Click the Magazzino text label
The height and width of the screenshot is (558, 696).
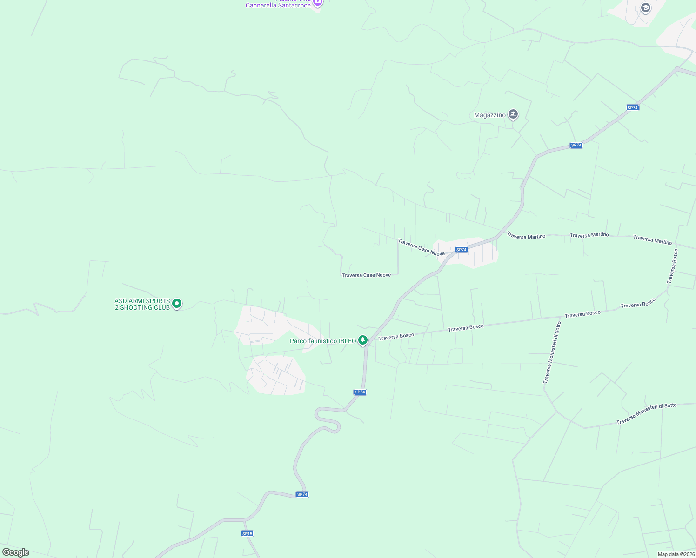click(x=489, y=115)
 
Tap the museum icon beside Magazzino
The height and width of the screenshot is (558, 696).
click(x=513, y=114)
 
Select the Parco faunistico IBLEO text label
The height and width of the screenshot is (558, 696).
click(x=322, y=341)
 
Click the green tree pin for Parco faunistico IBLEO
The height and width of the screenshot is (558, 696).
click(x=363, y=340)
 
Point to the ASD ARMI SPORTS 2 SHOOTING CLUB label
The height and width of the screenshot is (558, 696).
click(x=142, y=304)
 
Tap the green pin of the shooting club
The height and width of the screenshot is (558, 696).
click(x=177, y=304)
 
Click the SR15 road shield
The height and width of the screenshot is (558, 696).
click(x=247, y=533)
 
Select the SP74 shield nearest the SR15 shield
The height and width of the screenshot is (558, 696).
click(x=302, y=494)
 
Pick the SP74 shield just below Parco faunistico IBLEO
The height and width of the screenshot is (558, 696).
click(x=360, y=392)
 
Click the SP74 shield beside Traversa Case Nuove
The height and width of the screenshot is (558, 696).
click(x=461, y=250)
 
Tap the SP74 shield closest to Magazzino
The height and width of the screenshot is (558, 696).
click(x=576, y=145)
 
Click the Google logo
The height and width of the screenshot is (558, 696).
click(x=15, y=552)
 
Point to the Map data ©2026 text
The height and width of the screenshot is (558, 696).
click(x=676, y=554)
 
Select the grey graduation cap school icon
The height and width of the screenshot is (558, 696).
click(x=645, y=7)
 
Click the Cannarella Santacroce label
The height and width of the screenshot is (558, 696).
click(x=278, y=5)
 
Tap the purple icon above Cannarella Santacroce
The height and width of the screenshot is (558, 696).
click(x=318, y=2)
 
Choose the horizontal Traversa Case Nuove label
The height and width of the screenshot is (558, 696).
click(x=366, y=275)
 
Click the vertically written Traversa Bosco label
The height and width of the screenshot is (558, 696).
click(x=672, y=266)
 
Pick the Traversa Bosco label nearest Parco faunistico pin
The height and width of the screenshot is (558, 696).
click(x=396, y=336)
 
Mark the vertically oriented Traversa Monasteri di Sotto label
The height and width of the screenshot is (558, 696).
click(x=552, y=352)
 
